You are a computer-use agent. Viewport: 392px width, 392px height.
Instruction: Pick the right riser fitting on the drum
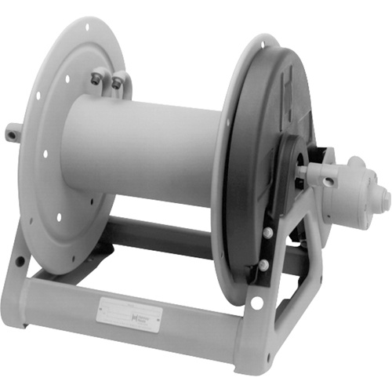pyautogui.click(x=118, y=82)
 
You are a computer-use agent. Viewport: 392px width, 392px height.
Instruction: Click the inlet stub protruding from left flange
pyautogui.click(x=12, y=134)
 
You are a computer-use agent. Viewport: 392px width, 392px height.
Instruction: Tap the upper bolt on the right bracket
pyautogui.click(x=269, y=233)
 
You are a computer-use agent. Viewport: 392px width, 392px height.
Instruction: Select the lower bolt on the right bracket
pyautogui.click(x=263, y=265)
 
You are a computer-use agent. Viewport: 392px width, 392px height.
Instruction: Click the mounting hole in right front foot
pyautogui.click(x=256, y=303)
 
